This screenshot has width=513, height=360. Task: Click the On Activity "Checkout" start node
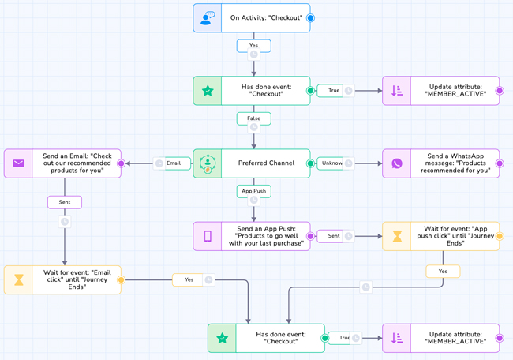pos(265,17)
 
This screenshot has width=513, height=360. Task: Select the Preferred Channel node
pos(265,163)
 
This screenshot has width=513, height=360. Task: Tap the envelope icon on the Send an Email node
pos(18,163)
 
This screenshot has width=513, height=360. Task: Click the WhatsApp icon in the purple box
pos(397,163)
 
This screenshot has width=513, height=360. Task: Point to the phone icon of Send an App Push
pos(208,236)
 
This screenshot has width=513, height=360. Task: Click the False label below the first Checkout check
pos(253,118)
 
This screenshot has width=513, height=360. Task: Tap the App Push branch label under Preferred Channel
pos(253,191)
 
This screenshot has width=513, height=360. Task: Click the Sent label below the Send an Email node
pos(64,202)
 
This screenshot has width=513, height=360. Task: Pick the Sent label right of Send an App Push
pos(334,236)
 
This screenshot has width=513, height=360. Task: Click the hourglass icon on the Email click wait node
pos(18,279)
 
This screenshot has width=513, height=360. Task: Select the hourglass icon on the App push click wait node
pos(397,236)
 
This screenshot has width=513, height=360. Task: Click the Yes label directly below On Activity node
pos(253,46)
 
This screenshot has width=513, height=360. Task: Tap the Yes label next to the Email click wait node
pos(188,279)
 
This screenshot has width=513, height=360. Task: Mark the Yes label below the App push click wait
pos(443,271)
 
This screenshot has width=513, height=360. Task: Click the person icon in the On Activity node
pos(208,17)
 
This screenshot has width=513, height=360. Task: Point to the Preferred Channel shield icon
pos(208,163)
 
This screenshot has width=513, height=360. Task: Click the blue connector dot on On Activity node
pos(310,17)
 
